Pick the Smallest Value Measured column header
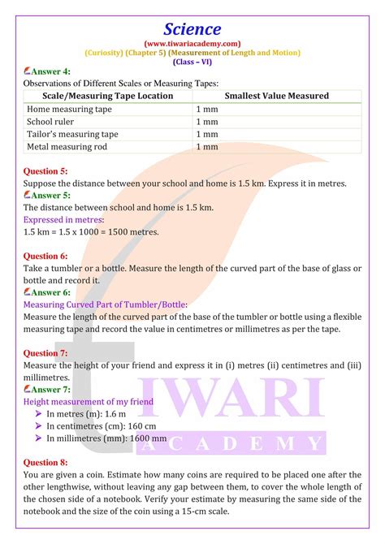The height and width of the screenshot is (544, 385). tap(277, 96)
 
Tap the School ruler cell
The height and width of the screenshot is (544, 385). tap(52, 122)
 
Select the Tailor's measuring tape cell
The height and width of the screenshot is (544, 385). tap(73, 134)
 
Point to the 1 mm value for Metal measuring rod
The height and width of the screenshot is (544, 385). tap(207, 147)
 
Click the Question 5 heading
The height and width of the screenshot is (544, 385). tap(46, 171)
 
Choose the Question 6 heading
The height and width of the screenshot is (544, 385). tap(46, 256)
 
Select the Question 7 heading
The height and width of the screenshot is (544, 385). tap(46, 353)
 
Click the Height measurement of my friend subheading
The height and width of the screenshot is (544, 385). tap(89, 401)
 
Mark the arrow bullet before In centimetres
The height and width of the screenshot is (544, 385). tap(38, 425)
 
